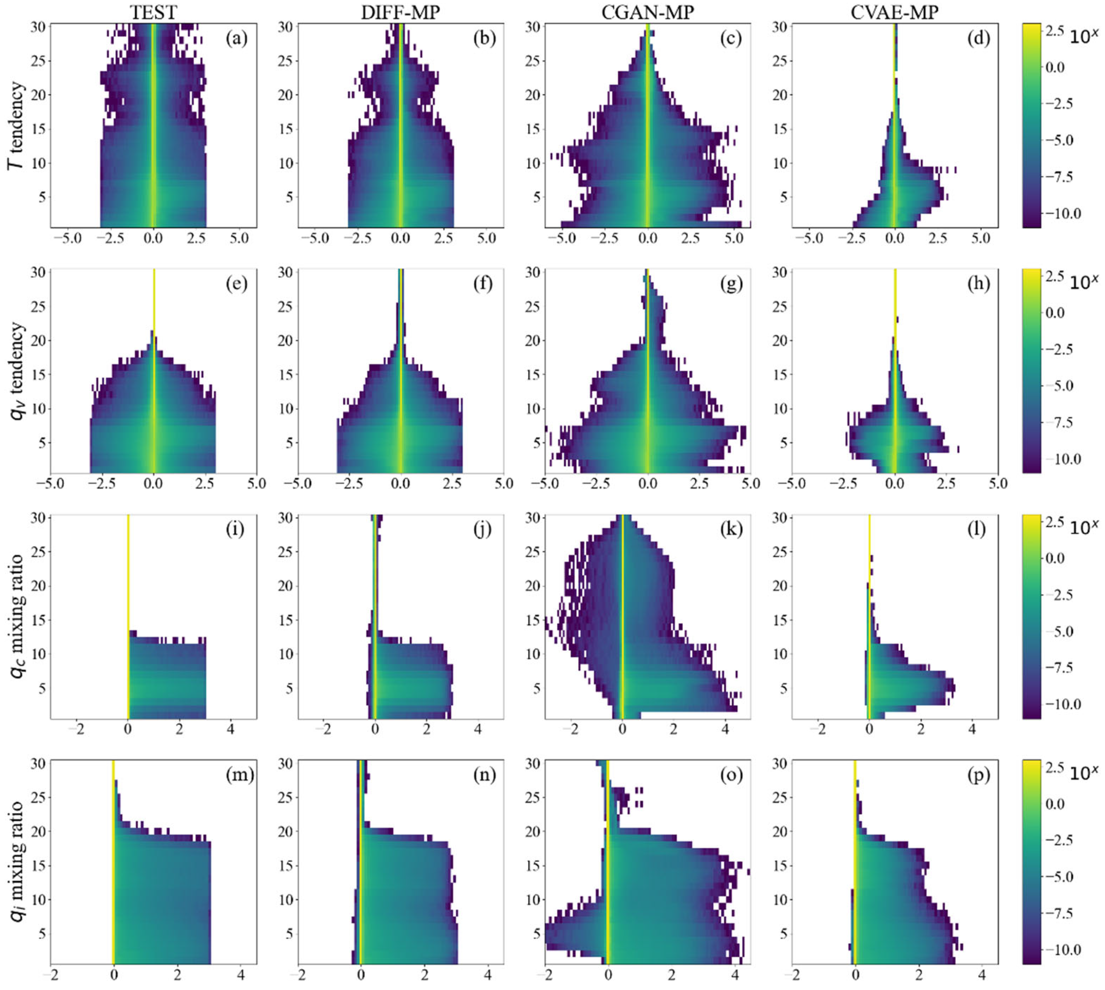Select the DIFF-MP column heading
[x=400, y=12]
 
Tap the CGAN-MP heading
[x=648, y=12]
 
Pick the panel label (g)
[x=731, y=283]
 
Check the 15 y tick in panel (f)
[x=287, y=375]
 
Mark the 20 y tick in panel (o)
[x=534, y=831]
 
